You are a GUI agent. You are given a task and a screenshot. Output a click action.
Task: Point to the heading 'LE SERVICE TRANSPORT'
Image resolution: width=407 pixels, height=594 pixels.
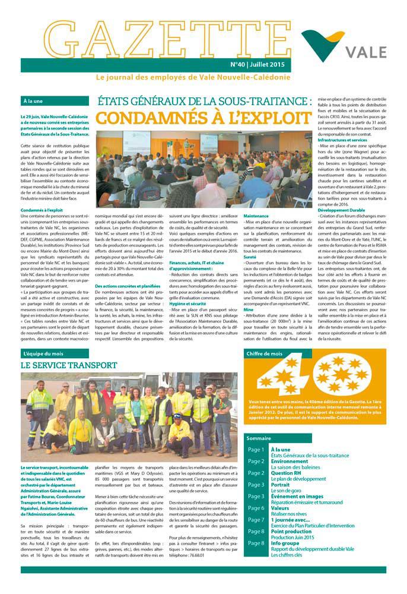pyautogui.click(x=69, y=365)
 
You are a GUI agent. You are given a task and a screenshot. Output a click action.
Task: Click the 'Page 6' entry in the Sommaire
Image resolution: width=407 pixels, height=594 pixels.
pyautogui.click(x=256, y=508)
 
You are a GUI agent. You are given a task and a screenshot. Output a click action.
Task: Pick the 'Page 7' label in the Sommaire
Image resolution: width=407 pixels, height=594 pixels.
pyautogui.click(x=256, y=520)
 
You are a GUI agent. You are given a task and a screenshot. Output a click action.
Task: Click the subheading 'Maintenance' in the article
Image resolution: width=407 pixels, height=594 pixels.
pyautogui.click(x=256, y=216)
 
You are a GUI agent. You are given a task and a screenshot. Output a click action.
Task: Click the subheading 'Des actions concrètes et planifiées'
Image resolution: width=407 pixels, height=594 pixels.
pyautogui.click(x=128, y=286)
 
